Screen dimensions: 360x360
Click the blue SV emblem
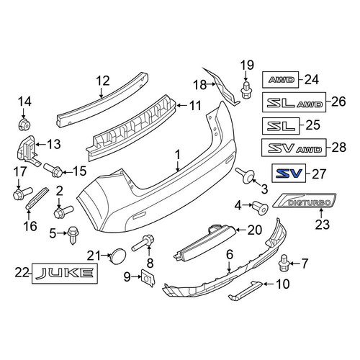[289, 173]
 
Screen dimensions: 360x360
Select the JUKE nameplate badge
[65, 274]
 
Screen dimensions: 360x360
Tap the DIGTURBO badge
[305, 201]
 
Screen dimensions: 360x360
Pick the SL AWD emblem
[294, 102]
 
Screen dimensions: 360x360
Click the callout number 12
[103, 81]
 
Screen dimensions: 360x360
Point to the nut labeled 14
[24, 125]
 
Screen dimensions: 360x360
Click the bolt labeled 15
[53, 169]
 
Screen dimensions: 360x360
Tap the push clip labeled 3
[246, 176]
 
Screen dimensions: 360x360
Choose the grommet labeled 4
[260, 208]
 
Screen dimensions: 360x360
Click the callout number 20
[255, 230]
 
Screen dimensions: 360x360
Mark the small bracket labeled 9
[148, 278]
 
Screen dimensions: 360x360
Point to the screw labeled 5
[72, 235]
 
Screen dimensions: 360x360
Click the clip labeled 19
[246, 90]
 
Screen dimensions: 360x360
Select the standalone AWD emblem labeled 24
[281, 79]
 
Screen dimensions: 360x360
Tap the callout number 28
[339, 148]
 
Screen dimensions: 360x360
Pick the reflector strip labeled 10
[246, 291]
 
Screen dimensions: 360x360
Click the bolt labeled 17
[22, 193]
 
